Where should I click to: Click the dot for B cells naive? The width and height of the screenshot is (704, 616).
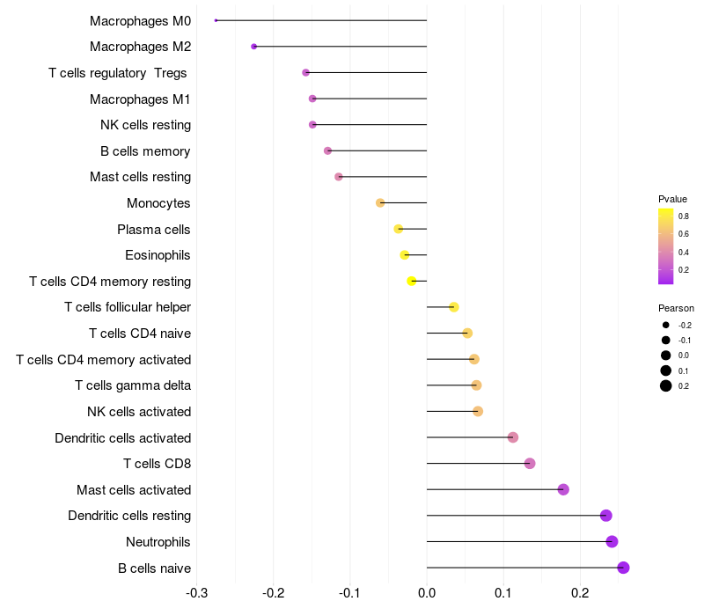click(x=623, y=568)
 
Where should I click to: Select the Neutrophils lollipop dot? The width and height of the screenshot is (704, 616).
click(x=612, y=541)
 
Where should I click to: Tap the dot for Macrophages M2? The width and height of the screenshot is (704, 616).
click(x=254, y=47)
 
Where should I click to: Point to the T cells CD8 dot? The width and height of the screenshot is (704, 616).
click(x=530, y=464)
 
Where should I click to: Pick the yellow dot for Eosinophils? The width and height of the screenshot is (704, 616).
click(x=405, y=255)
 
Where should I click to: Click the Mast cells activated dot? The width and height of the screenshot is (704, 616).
click(x=563, y=489)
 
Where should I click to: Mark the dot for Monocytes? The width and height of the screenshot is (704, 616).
click(x=380, y=203)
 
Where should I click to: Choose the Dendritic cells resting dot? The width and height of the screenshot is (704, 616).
click(x=605, y=516)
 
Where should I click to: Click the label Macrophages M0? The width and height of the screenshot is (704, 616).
click(x=140, y=20)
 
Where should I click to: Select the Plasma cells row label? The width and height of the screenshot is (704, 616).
click(x=153, y=230)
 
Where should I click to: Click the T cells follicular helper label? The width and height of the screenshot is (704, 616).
click(x=127, y=307)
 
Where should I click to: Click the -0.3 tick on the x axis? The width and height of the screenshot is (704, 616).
click(x=196, y=592)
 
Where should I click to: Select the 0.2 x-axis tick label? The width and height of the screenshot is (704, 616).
click(x=580, y=592)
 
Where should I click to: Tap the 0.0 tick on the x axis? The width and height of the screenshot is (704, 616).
click(x=427, y=592)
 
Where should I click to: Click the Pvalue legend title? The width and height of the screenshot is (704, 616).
click(x=672, y=199)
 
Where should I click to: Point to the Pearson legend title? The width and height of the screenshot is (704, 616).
click(x=676, y=308)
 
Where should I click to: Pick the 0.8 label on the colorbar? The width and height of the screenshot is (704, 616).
click(x=683, y=216)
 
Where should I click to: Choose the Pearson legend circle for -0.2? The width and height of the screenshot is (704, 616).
click(x=666, y=326)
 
